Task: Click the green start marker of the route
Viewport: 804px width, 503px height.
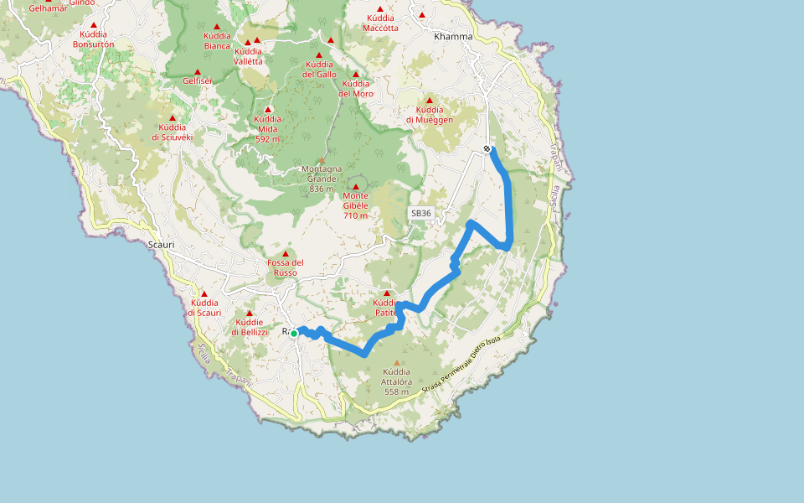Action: point(294,333)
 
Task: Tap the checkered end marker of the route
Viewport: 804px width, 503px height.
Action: point(487,149)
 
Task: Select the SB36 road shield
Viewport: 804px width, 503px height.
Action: point(420,214)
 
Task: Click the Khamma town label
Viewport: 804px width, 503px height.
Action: point(453,37)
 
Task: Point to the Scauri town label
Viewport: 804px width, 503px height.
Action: point(160,245)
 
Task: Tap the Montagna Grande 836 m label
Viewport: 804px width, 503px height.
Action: point(322,179)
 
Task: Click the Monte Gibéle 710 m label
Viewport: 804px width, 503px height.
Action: point(356,205)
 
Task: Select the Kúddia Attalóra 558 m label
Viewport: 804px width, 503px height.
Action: point(396,381)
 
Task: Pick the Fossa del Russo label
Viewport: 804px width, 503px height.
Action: point(285,267)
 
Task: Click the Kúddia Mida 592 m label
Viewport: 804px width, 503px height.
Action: point(268,129)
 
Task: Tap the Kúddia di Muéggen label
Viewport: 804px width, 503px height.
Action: point(430,114)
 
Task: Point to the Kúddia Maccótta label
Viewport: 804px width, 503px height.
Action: point(381,23)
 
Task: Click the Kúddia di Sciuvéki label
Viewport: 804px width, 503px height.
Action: point(173,132)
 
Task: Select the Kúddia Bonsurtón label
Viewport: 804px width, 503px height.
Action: point(93,39)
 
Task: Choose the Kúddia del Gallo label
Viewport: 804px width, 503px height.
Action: point(319,70)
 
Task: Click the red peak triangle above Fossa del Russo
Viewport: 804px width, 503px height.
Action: point(285,253)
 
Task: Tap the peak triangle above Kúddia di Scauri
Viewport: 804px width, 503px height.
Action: point(204,293)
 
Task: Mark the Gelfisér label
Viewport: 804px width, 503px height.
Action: point(198,80)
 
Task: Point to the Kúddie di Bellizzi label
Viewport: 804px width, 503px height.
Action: point(249,327)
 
